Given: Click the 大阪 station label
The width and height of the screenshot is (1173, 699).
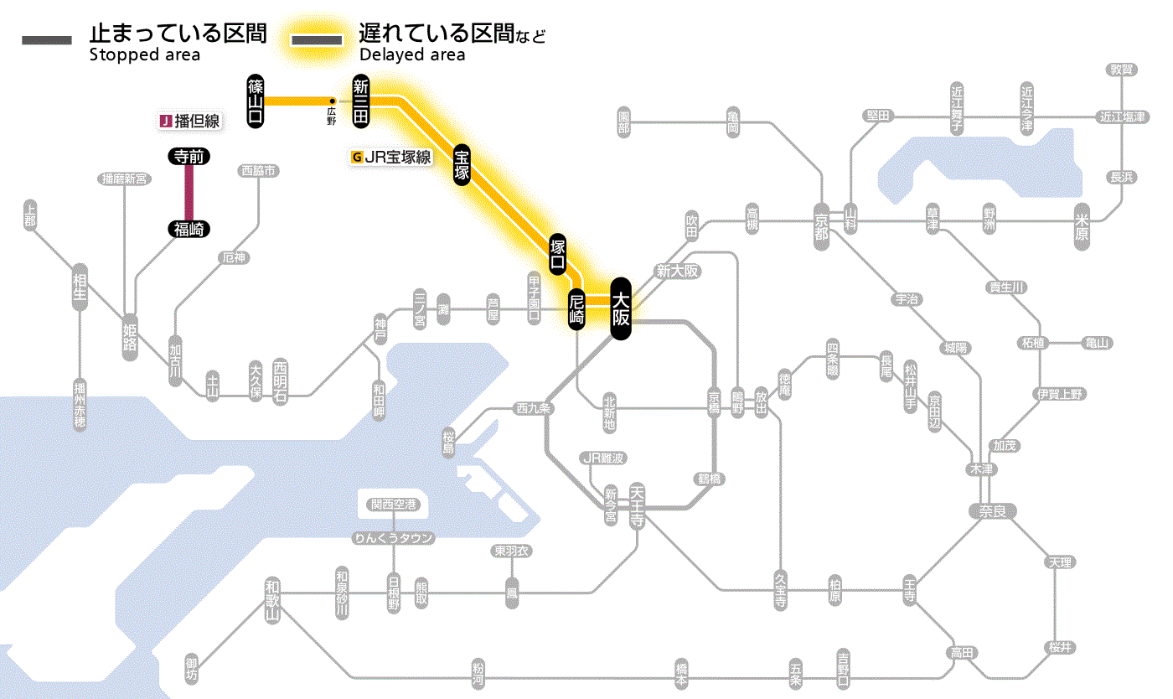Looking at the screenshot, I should (x=620, y=308).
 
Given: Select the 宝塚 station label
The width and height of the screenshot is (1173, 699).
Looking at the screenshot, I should (x=462, y=165).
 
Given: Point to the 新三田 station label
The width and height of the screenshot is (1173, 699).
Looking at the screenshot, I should (x=360, y=101).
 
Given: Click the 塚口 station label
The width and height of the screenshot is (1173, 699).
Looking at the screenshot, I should (x=557, y=254).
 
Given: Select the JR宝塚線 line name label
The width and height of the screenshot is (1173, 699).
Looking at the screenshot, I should (x=391, y=157).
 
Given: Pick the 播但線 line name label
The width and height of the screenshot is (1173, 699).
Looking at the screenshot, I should (x=190, y=122).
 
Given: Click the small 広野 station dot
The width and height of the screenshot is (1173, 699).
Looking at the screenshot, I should (x=333, y=102).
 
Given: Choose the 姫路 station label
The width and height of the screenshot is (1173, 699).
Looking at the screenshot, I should (x=130, y=337).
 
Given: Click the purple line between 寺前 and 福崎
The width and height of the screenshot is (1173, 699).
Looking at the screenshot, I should (x=189, y=193).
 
